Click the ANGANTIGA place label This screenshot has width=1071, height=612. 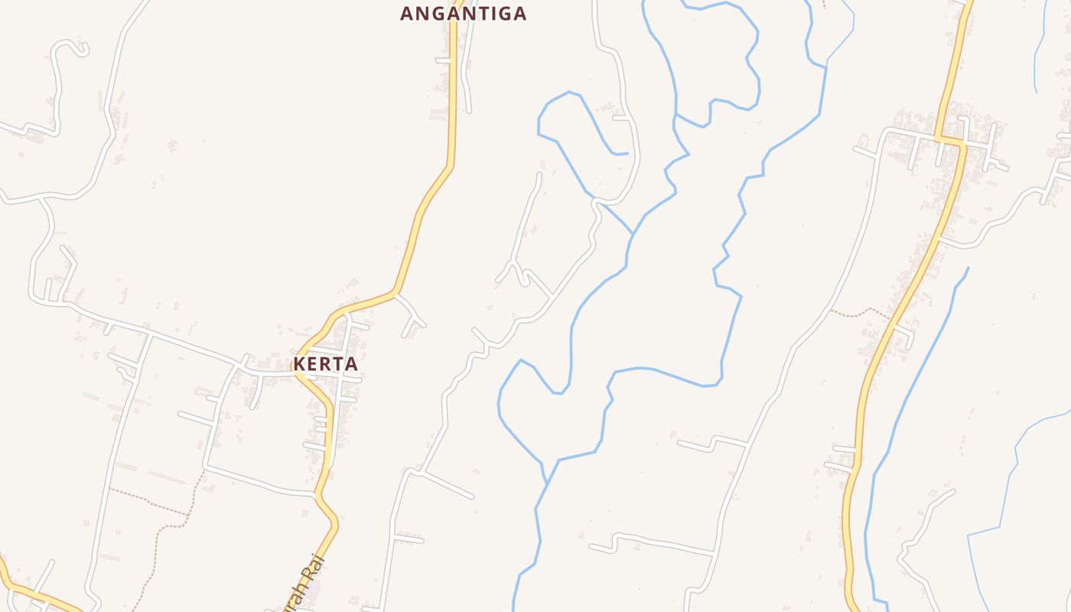(464, 14)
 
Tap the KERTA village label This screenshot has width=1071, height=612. (326, 364)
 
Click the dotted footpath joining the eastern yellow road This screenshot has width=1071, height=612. (861, 312)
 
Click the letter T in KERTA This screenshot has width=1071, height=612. (338, 364)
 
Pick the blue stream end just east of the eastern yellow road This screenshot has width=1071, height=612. (968, 269)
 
